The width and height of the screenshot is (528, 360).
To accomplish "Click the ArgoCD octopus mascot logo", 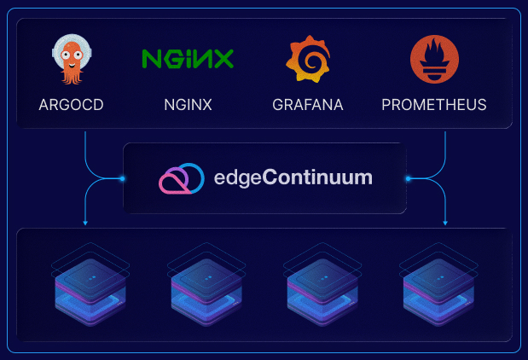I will (x=72, y=60).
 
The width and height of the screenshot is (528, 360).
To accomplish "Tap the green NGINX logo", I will (x=188, y=59).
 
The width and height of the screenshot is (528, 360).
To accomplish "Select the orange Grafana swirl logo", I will (x=307, y=60).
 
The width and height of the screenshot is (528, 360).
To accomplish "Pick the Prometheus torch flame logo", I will (x=433, y=60).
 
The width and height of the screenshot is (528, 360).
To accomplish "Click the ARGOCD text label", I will (x=72, y=106).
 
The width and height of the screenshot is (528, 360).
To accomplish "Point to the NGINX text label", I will (x=188, y=106).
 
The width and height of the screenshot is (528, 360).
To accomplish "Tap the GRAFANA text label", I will (x=308, y=106).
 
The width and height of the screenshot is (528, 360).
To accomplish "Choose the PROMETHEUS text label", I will (x=433, y=106).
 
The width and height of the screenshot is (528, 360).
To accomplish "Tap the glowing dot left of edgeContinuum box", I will (x=124, y=178).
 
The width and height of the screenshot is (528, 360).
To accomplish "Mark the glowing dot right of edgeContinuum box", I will (x=408, y=178).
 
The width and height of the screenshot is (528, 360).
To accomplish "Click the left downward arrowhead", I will (x=85, y=224).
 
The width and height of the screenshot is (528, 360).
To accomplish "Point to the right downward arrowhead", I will (x=445, y=224).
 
